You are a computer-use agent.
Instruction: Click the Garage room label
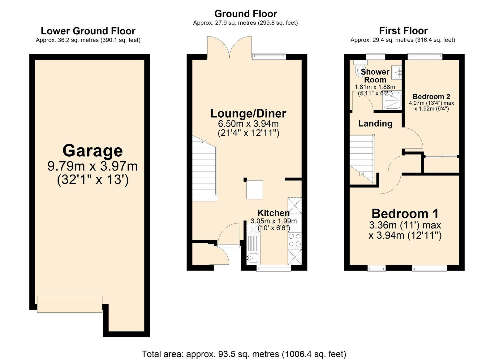(93, 151)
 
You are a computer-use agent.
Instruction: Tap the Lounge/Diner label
(248, 113)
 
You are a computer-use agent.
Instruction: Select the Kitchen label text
(273, 213)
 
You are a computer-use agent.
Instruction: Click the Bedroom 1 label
(405, 214)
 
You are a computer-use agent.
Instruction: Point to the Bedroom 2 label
(431, 97)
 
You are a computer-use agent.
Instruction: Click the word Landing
(375, 124)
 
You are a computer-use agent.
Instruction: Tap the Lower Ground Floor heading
(88, 31)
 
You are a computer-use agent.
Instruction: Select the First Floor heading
(403, 31)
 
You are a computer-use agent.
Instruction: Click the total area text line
(244, 354)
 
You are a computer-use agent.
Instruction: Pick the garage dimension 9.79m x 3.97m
(93, 166)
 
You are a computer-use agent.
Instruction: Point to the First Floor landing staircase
(362, 159)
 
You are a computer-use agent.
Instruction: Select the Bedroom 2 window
(425, 56)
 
